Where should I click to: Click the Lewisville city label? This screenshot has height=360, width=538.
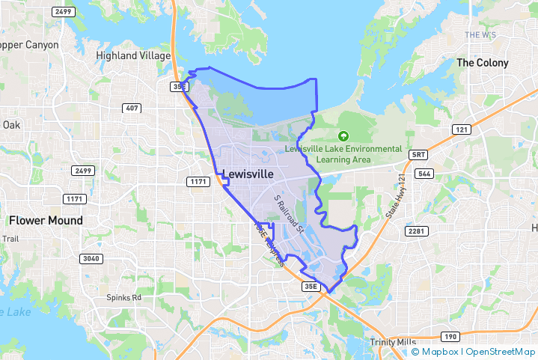coord(248,174)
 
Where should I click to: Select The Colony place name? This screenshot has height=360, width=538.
coord(482,63)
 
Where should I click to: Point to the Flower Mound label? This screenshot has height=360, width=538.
coord(46,220)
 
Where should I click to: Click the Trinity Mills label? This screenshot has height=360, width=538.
coord(397,342)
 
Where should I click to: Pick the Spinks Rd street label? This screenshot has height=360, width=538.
coord(123,297)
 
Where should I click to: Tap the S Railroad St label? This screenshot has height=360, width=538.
coord(289,214)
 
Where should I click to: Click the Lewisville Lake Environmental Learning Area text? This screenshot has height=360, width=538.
coord(343,154)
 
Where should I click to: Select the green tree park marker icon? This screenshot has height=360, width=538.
coord(343,136)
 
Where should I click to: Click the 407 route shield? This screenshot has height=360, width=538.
coord(132,109)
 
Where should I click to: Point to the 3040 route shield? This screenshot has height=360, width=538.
coord(90,258)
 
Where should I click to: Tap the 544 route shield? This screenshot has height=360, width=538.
coord(424,174)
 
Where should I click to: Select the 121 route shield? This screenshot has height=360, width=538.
coord(461,129)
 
